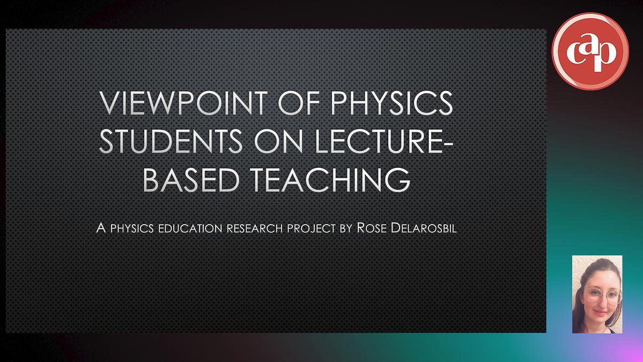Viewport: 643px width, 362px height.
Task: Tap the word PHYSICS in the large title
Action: pyautogui.click(x=391, y=103)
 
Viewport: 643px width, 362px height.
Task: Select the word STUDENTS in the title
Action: pyautogui.click(x=171, y=141)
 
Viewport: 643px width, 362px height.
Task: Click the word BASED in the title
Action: pyautogui.click(x=191, y=180)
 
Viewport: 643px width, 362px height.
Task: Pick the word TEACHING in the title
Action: pyautogui.click(x=330, y=180)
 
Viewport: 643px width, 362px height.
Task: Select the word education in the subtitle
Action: pyautogui.click(x=190, y=228)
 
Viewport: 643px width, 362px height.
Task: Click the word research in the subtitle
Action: pyautogui.click(x=255, y=228)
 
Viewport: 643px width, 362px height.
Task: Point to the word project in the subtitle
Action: pyautogui.click(x=311, y=228)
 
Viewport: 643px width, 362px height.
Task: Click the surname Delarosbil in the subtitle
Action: pyautogui.click(x=424, y=227)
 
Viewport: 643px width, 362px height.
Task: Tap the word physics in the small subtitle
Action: pyautogui.click(x=132, y=228)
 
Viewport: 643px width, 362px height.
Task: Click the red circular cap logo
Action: pyautogui.click(x=590, y=51)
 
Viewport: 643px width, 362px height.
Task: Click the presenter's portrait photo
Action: pyautogui.click(x=597, y=294)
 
